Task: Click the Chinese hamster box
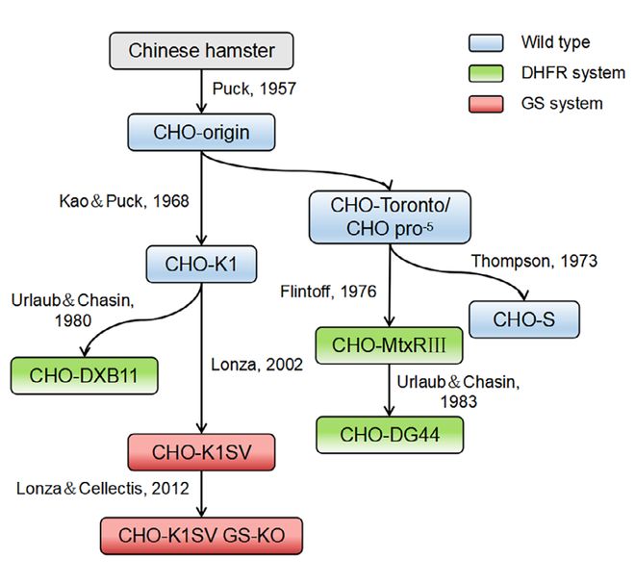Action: tap(200, 51)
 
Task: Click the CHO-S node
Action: tap(524, 318)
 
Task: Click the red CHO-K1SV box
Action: tap(200, 450)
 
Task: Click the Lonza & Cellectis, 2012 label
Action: tap(100, 490)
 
